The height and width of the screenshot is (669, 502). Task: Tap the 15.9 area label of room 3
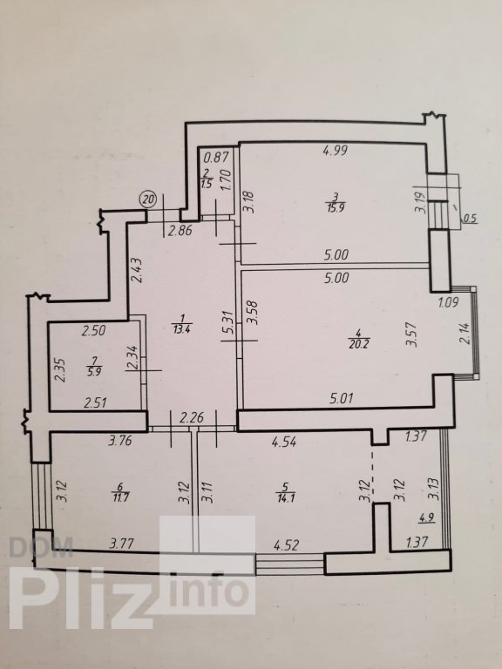[x=336, y=208]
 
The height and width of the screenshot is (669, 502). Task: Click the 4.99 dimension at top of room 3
[x=335, y=150]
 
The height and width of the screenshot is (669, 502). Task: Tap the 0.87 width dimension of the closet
[x=215, y=158]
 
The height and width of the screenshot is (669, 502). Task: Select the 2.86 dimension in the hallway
[x=181, y=231]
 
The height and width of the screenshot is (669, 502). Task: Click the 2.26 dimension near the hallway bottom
[x=192, y=418]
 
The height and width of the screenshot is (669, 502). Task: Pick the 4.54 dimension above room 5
[x=285, y=441]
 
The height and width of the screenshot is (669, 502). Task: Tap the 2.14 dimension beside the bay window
[x=465, y=334]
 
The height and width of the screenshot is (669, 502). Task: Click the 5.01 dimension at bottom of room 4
[x=341, y=398]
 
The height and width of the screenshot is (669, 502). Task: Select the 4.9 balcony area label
[x=424, y=519]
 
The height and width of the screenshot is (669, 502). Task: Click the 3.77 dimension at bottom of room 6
[x=122, y=544]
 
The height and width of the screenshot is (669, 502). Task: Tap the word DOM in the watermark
[x=41, y=548]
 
